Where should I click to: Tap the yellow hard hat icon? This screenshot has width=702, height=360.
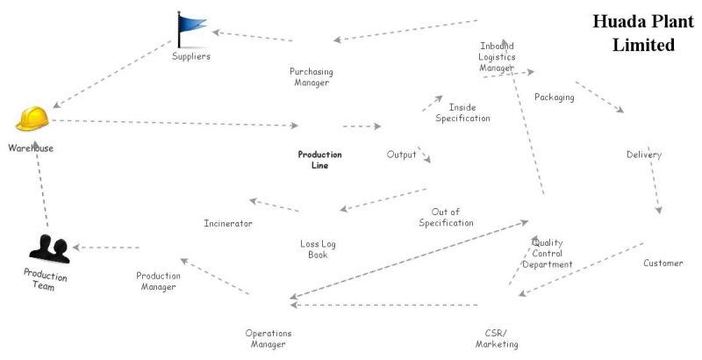pyautogui.click(x=33, y=119)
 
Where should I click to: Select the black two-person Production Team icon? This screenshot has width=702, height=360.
pyautogui.click(x=49, y=248)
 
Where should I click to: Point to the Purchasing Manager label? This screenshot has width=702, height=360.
pyautogui.click(x=311, y=76)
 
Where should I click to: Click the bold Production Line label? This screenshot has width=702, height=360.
pyautogui.click(x=319, y=159)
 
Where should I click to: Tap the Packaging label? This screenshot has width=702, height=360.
pyautogui.click(x=554, y=97)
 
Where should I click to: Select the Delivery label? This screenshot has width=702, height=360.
pyautogui.click(x=643, y=155)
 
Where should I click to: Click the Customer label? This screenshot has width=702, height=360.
pyautogui.click(x=663, y=263)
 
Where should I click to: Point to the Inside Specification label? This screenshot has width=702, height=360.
pyautogui.click(x=462, y=112)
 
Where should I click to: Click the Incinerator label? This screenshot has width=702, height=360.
pyautogui.click(x=228, y=223)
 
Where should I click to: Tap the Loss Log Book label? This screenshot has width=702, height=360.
pyautogui.click(x=318, y=248)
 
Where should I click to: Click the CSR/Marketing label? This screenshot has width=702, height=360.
pyautogui.click(x=497, y=338)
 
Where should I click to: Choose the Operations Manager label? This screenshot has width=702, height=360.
pyautogui.click(x=268, y=338)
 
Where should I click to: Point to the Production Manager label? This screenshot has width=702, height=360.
pyautogui.click(x=158, y=281)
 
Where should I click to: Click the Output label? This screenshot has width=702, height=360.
pyautogui.click(x=401, y=155)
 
